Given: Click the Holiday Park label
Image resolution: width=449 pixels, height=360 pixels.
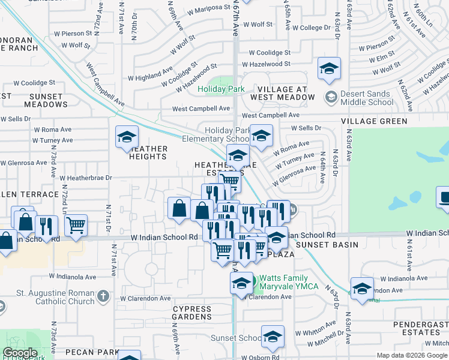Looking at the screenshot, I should pos(221,89).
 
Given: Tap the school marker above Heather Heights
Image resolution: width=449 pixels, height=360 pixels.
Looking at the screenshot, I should pos(127,137).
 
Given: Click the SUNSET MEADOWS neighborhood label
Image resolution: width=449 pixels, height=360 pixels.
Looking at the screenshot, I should pos(37,100).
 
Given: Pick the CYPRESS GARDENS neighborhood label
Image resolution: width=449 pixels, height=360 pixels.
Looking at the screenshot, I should pos(192,313).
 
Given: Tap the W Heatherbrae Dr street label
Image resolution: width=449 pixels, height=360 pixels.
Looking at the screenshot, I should pos(86,178).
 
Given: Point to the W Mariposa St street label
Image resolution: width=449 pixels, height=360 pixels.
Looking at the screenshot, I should pos(208,11).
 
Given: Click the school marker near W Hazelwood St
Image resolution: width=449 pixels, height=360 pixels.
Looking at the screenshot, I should pos(329,69).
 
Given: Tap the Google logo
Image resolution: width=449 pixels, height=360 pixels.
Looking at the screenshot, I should pos(20,353).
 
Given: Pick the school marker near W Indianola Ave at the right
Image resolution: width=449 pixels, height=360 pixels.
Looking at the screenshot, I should pos(362,289).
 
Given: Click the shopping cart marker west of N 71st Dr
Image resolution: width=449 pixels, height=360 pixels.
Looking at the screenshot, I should pos(76,226).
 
